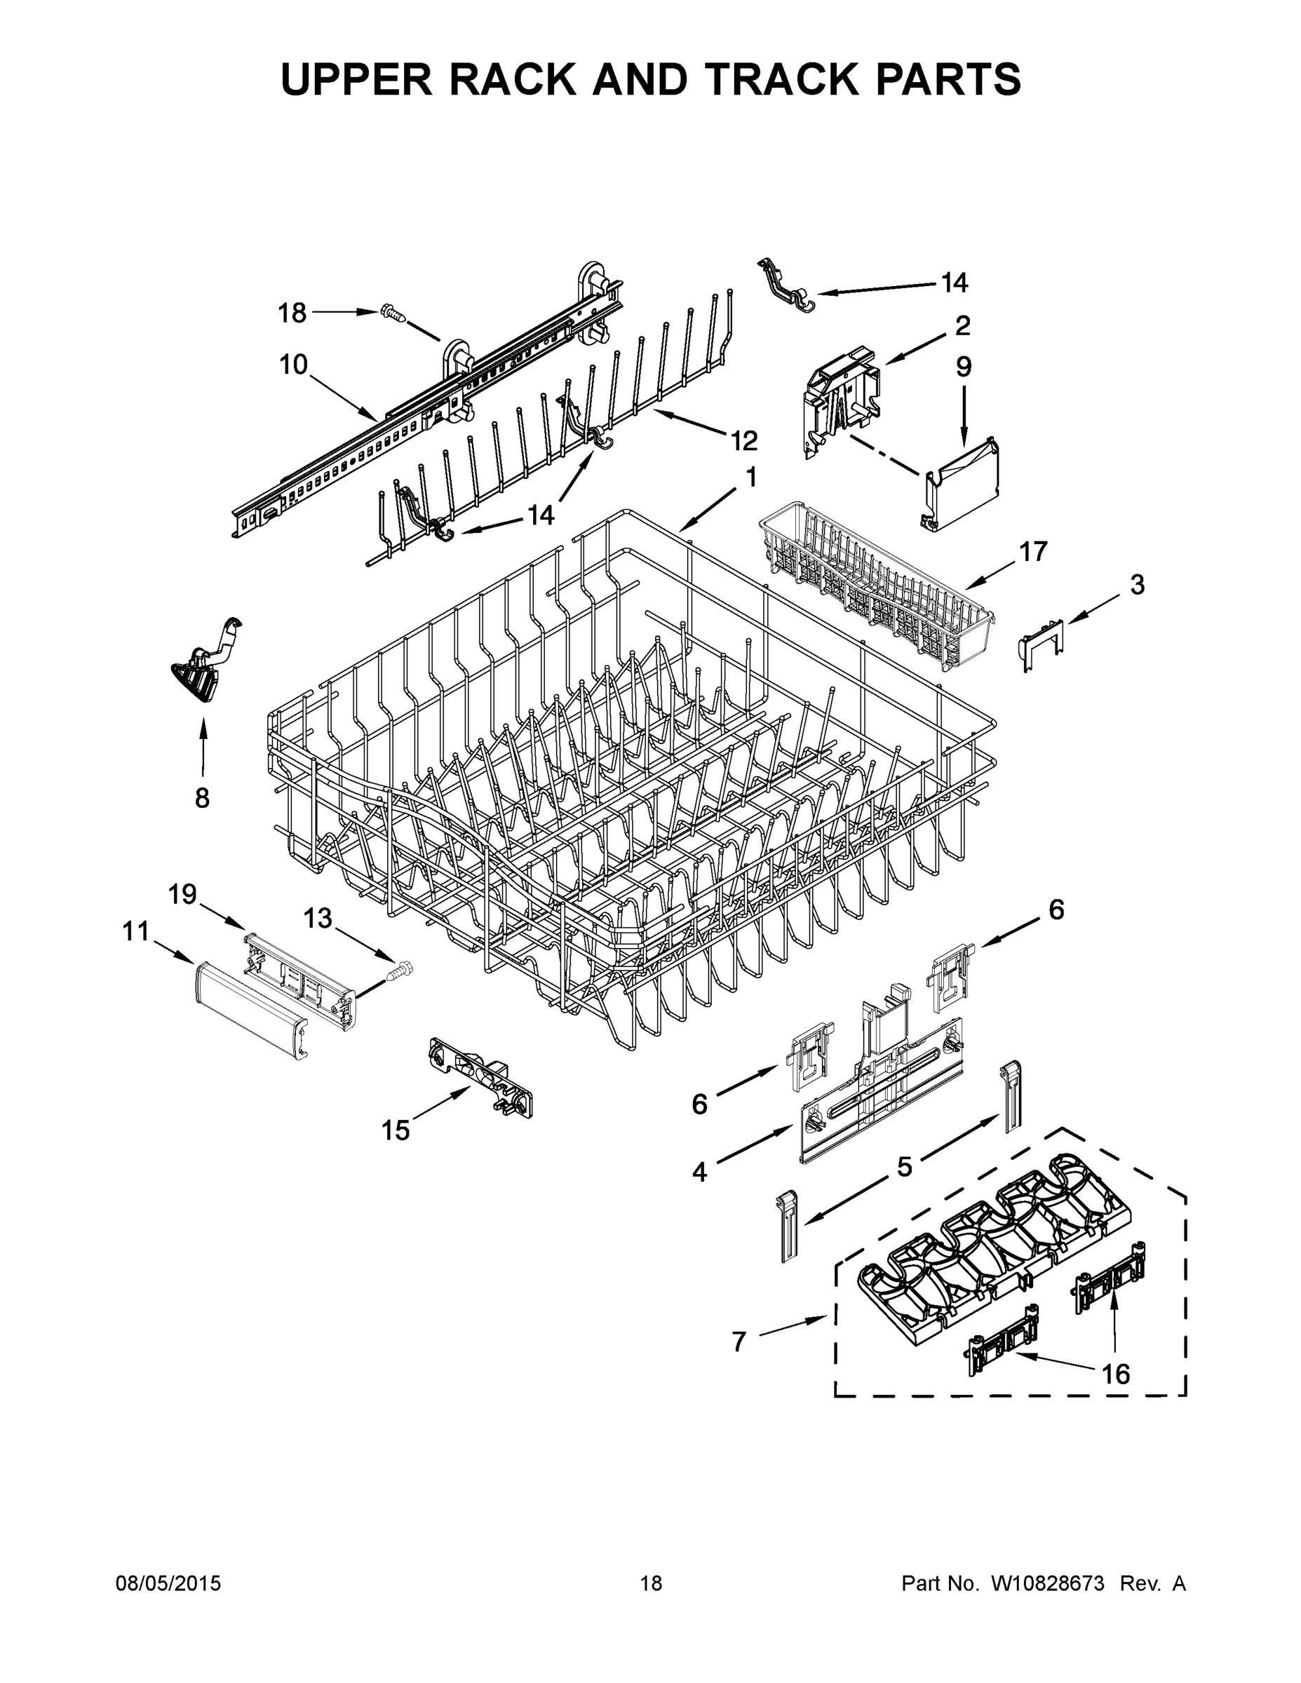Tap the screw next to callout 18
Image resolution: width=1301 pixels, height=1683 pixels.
click(391, 313)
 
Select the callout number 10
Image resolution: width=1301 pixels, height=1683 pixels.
click(293, 365)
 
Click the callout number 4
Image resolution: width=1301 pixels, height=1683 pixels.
click(699, 1172)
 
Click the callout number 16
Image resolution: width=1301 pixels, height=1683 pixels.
click(1114, 1373)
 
